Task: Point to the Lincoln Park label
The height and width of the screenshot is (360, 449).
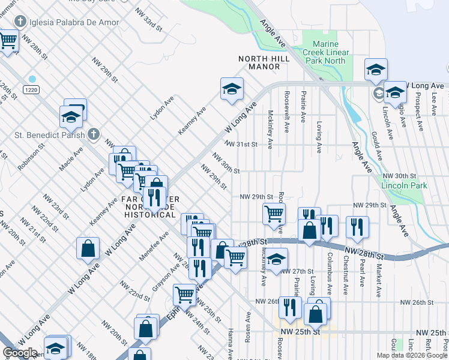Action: point(407,186)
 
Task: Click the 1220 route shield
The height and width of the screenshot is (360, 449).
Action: point(32,89)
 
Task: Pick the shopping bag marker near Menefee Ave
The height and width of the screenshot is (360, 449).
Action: point(88,248)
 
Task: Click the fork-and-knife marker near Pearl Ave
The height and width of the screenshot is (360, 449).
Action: point(357,226)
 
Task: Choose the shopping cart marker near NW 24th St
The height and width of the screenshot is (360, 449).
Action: point(184,294)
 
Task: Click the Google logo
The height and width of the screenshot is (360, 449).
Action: point(20,353)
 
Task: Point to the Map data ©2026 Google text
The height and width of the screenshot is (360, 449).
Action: point(412,355)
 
